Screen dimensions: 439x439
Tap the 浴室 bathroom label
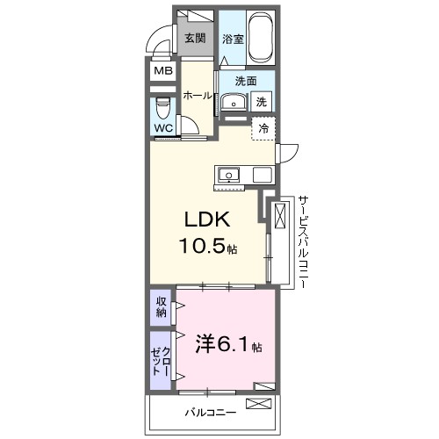(x=232, y=39)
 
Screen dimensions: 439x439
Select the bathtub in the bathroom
(x=261, y=39)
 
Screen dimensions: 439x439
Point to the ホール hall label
(x=198, y=96)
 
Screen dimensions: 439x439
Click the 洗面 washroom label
(x=246, y=82)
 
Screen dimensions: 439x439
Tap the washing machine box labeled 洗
(x=262, y=102)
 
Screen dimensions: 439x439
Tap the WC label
(x=163, y=128)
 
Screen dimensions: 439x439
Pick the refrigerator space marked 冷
(x=263, y=128)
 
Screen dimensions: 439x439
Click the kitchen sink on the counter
(x=228, y=173)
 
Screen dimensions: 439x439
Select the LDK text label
(x=207, y=219)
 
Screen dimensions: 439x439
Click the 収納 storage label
(x=161, y=307)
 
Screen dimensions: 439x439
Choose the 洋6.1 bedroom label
(x=226, y=345)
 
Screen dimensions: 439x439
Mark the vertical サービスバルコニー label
(x=301, y=241)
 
